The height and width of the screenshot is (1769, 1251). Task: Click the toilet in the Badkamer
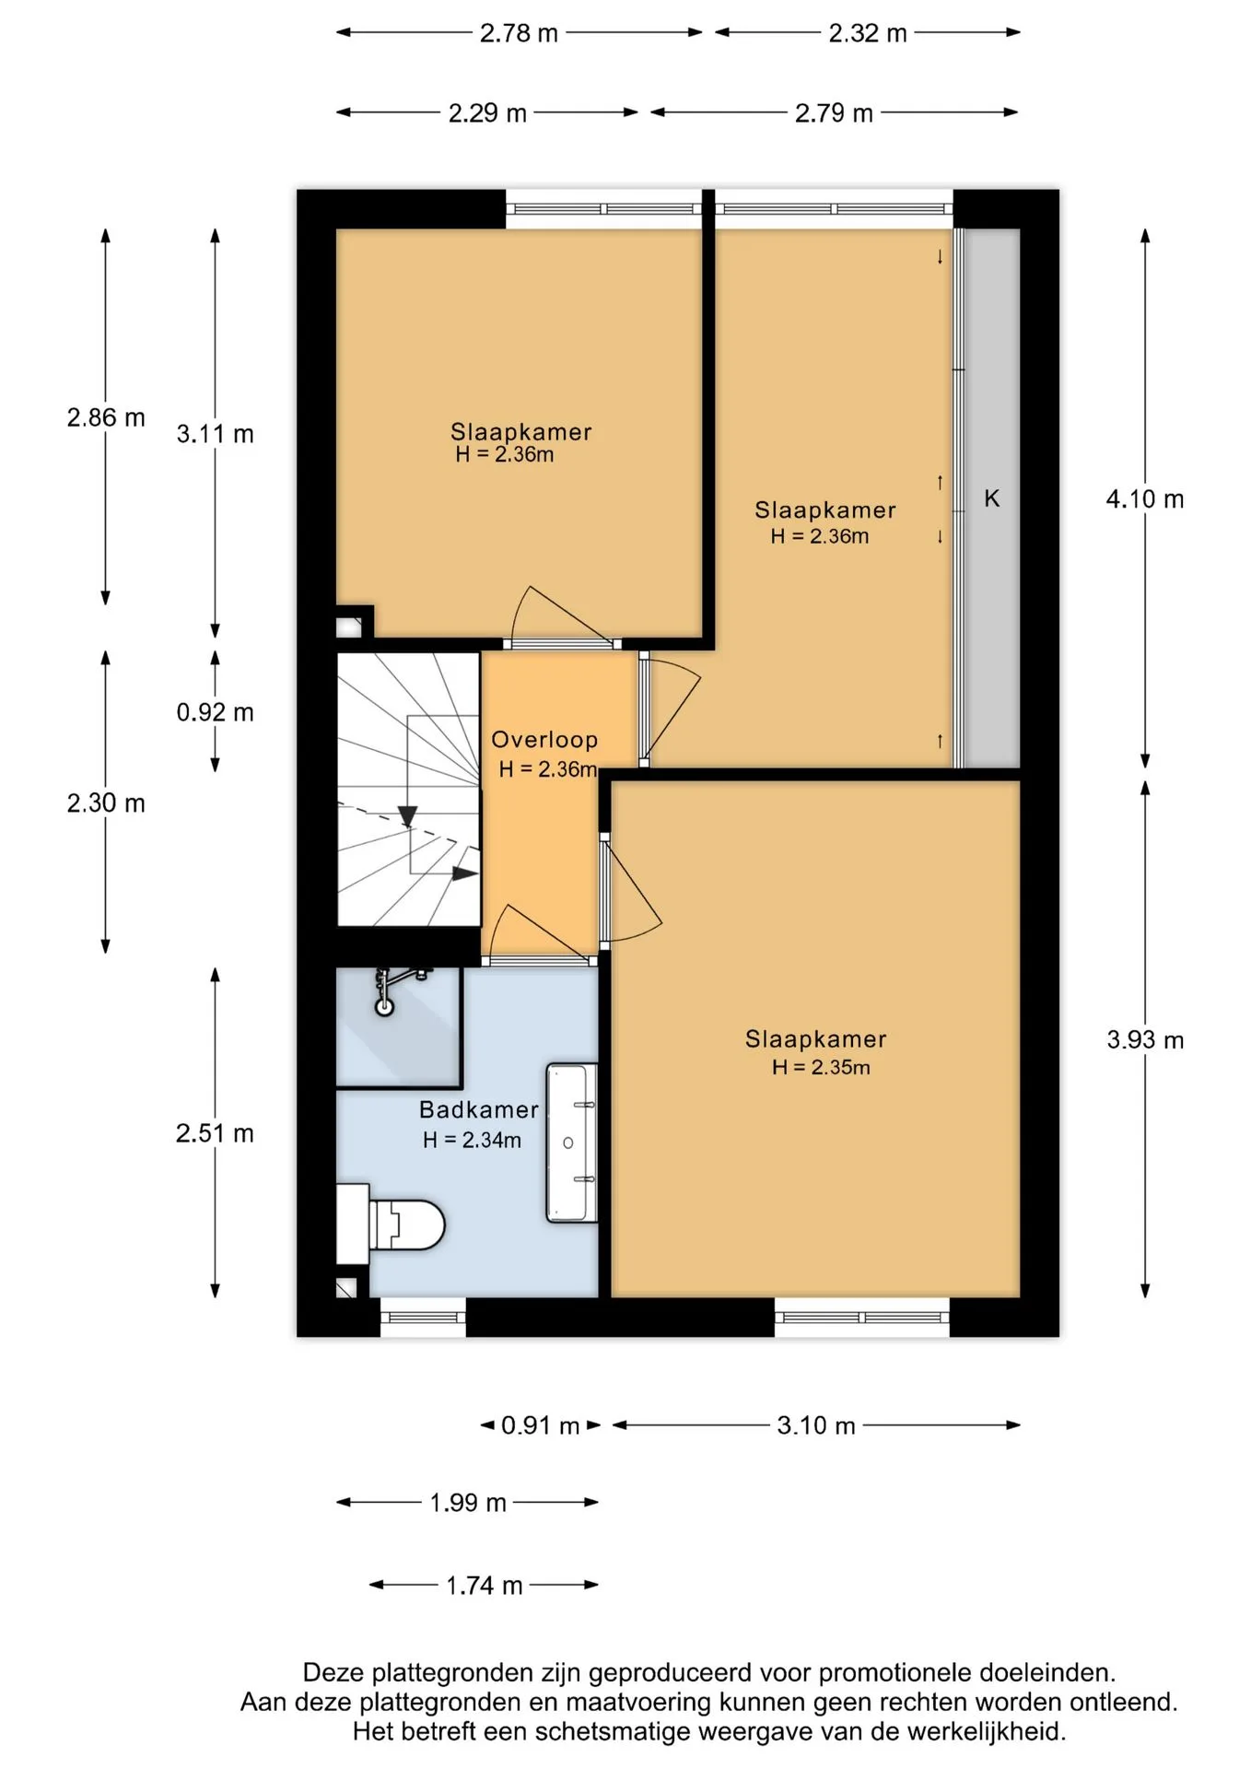pyautogui.click(x=390, y=1224)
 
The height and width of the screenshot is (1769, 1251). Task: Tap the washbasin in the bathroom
pyautogui.click(x=572, y=1143)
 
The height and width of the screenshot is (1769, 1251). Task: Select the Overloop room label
pyautogui.click(x=544, y=739)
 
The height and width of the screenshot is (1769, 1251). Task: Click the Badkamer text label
pyautogui.click(x=479, y=1109)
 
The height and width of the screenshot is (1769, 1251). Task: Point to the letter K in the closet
pyautogui.click(x=991, y=498)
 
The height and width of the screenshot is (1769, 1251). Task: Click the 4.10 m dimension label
pyautogui.click(x=1145, y=499)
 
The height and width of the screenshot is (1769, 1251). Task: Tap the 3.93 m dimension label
pyautogui.click(x=1145, y=1040)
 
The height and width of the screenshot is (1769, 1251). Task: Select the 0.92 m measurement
pyautogui.click(x=215, y=712)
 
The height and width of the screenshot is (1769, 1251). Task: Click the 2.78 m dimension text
pyautogui.click(x=519, y=33)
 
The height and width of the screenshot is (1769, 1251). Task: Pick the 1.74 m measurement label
pyautogui.click(x=485, y=1586)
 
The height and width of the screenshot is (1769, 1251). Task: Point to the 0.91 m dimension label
pyautogui.click(x=541, y=1426)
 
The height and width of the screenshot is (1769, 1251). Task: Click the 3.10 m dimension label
pyautogui.click(x=816, y=1425)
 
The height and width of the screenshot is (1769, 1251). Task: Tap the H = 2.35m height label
pyautogui.click(x=821, y=1067)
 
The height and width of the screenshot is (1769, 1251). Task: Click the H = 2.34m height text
pyautogui.click(x=472, y=1140)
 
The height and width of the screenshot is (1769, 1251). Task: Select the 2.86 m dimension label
pyautogui.click(x=106, y=417)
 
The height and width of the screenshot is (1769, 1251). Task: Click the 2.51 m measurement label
pyautogui.click(x=215, y=1133)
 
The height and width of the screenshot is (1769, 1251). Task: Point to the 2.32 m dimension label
pyautogui.click(x=868, y=33)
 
